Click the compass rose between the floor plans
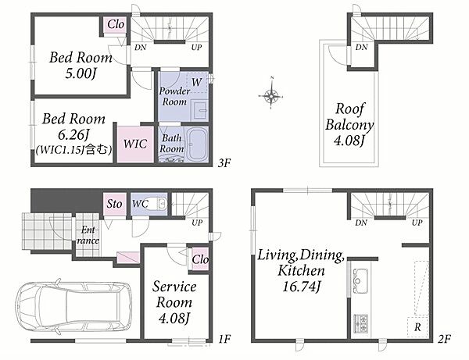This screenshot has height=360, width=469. (271, 95)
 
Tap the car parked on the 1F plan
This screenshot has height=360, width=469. (73, 306)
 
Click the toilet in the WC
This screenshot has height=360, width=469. (158, 204)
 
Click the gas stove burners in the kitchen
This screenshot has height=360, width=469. (360, 323)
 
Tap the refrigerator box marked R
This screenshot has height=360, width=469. (417, 326)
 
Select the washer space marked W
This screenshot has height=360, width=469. (196, 82)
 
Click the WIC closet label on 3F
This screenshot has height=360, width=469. (135, 144)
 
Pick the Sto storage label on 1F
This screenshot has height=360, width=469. (114, 204)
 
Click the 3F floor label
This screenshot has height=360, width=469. (224, 163)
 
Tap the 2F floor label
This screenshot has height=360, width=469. (445, 339)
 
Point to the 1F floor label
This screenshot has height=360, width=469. (224, 339)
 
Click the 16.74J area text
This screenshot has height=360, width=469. (302, 287)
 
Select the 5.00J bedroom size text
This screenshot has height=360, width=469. (81, 73)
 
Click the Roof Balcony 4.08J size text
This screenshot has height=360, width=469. (349, 141)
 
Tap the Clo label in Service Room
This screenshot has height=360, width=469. (200, 259)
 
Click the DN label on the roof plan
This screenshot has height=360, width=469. (362, 47)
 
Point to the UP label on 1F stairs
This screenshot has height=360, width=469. (197, 223)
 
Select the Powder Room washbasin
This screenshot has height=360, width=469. (199, 111)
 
